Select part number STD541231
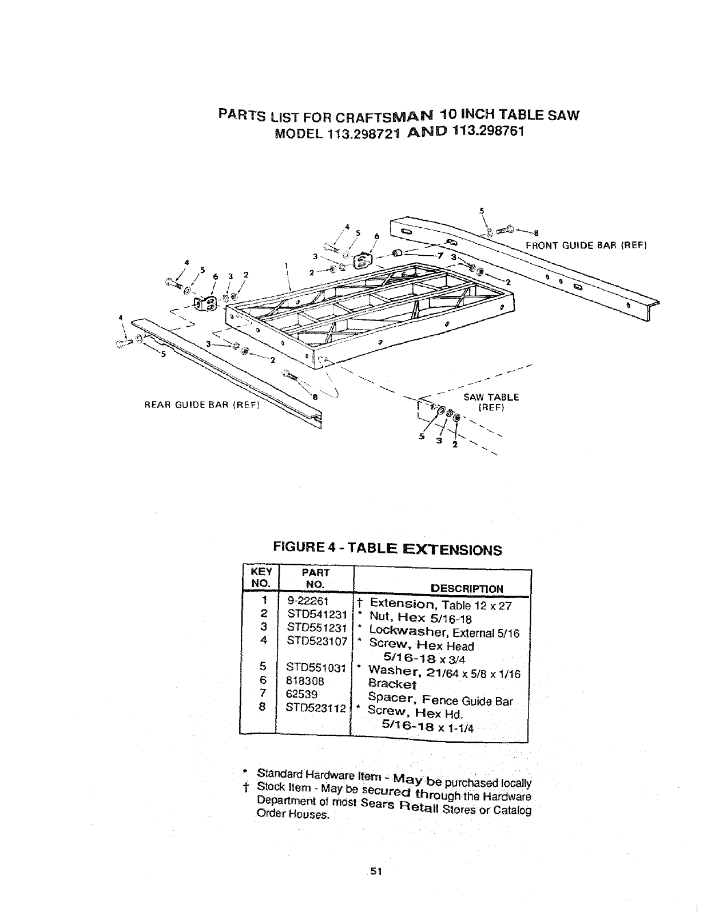(x=317, y=615)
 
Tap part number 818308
(x=305, y=681)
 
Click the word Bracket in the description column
(x=392, y=684)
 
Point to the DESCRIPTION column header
(x=467, y=589)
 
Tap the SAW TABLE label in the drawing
(x=491, y=397)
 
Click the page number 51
(x=375, y=872)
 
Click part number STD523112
(x=317, y=708)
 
